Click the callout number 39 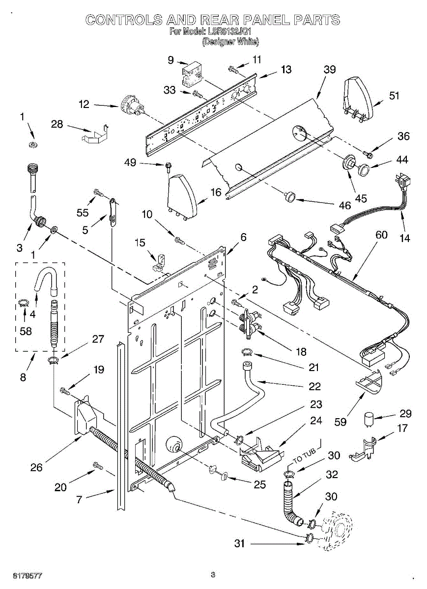[x=330, y=70]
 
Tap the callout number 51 [x=394, y=96]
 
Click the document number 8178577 [x=27, y=576]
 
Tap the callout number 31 [x=239, y=543]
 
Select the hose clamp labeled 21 [x=247, y=351]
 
